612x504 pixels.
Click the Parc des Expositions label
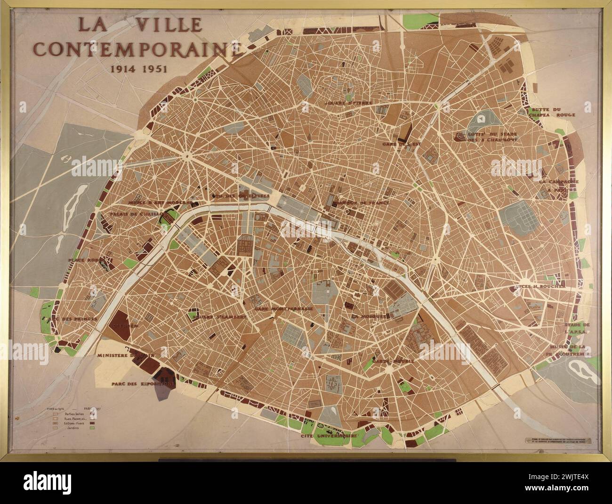click(143, 383)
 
